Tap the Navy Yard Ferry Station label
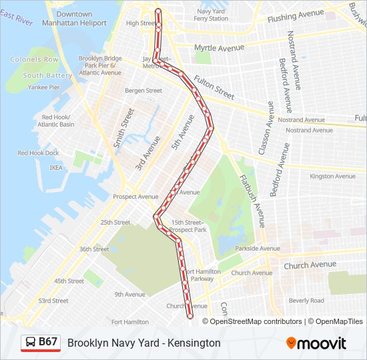coord(211,15)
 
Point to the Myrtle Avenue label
coord(219,48)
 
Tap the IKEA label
coord(55,167)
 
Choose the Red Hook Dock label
coord(38,153)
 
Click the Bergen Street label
coord(143,91)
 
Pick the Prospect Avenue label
coord(135,197)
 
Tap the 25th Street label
coord(115,223)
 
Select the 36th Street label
coord(94,249)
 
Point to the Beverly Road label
coord(306,301)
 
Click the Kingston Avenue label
coord(332,176)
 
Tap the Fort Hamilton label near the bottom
coord(130,322)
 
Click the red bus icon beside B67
coord(30,343)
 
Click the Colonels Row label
coord(34,59)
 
